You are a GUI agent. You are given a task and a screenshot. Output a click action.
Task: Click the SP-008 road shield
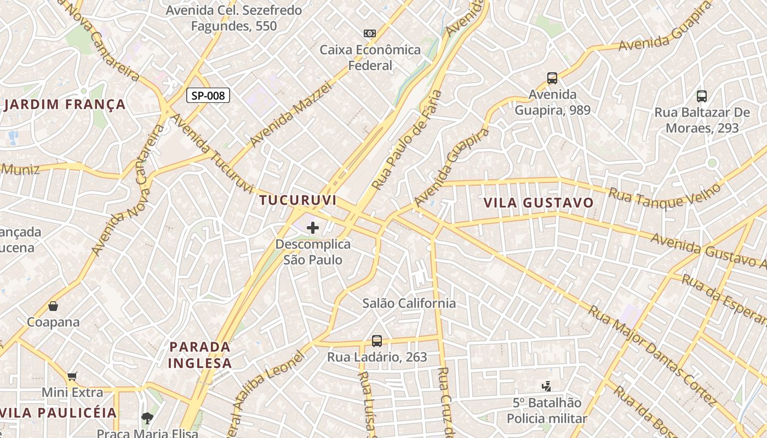[x=208, y=95]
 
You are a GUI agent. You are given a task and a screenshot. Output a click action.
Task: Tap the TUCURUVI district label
[x=298, y=200]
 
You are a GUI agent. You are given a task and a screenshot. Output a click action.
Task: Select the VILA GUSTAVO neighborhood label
[x=539, y=203]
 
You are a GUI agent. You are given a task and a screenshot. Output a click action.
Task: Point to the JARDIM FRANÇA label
[x=65, y=105]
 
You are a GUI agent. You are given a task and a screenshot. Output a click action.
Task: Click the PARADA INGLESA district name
[x=200, y=355]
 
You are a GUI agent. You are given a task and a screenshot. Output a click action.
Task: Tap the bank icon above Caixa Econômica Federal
[x=370, y=33]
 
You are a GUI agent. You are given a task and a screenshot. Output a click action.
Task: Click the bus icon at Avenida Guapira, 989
[x=552, y=78]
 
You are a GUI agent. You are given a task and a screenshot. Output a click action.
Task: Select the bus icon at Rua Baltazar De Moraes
[x=702, y=96]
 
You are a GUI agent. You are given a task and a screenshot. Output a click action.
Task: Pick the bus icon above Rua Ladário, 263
[x=377, y=341]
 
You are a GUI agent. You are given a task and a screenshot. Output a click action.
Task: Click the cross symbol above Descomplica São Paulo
[x=313, y=228]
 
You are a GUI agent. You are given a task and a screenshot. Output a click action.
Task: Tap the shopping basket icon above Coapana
[x=53, y=306]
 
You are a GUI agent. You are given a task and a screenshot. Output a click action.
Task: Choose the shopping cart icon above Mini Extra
[x=72, y=376]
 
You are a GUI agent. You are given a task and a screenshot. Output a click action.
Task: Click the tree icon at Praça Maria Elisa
[x=147, y=419]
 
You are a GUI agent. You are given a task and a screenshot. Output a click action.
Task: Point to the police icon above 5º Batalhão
[x=546, y=387]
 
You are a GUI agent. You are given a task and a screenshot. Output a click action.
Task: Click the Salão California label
[x=409, y=303]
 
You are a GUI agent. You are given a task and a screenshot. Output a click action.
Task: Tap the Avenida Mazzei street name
[x=291, y=114]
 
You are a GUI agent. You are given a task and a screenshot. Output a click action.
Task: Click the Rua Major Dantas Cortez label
[x=652, y=356]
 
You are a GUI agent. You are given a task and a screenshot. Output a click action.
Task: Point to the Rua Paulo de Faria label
[x=407, y=140]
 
